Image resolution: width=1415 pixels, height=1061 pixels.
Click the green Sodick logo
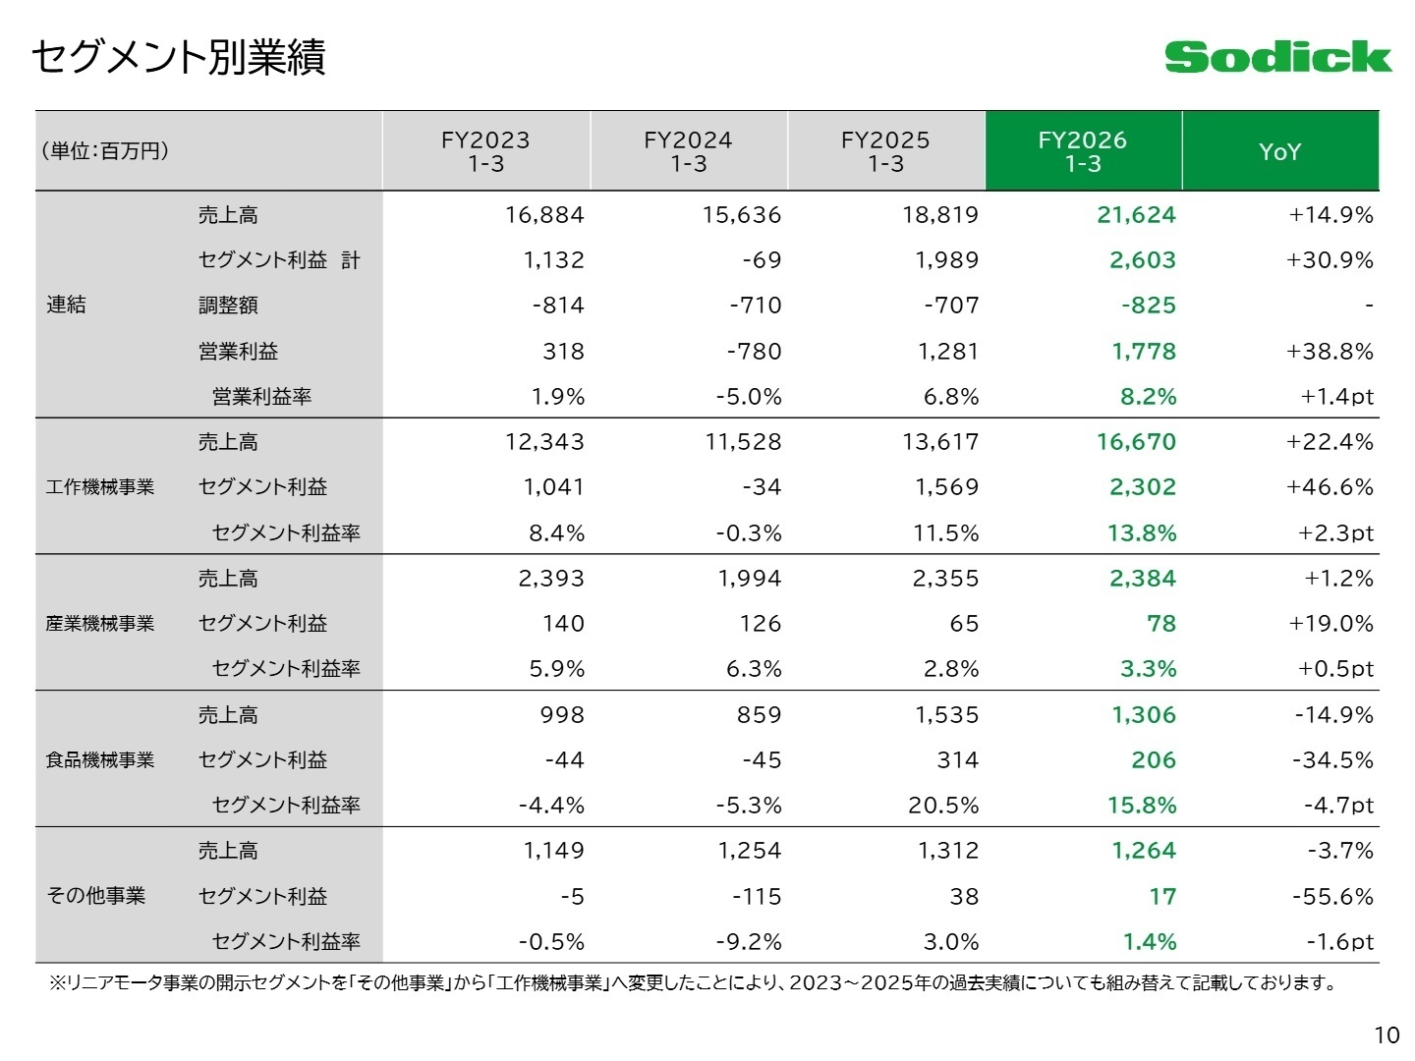point(1277,57)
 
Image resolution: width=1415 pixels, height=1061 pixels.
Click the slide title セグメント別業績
point(179,57)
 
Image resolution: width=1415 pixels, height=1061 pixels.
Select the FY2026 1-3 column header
point(1083,150)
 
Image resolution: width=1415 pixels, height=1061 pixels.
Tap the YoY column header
point(1279,151)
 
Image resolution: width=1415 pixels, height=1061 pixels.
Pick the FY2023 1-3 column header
point(485,150)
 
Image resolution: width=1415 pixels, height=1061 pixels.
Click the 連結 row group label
point(66,305)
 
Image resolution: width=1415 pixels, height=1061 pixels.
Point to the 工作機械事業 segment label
point(100,486)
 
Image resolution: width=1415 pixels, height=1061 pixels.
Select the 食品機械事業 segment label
point(100,759)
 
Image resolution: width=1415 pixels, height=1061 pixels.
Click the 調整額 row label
point(228,305)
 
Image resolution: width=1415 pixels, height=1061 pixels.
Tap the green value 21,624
point(1136,214)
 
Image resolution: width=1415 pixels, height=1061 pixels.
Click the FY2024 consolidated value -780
point(754,351)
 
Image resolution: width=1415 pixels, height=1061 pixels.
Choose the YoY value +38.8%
point(1330,351)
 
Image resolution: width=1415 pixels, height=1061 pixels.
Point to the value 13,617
point(940,441)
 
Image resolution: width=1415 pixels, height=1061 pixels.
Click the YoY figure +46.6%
point(1330,486)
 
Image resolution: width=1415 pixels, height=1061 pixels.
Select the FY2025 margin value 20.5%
point(943,805)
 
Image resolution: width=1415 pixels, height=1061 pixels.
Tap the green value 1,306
point(1144,714)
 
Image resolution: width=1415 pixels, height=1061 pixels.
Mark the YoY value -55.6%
point(1332,896)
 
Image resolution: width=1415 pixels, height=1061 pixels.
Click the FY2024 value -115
point(757,896)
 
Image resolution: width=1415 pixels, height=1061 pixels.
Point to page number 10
point(1387,1035)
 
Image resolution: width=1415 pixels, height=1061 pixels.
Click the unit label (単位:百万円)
point(106,150)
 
